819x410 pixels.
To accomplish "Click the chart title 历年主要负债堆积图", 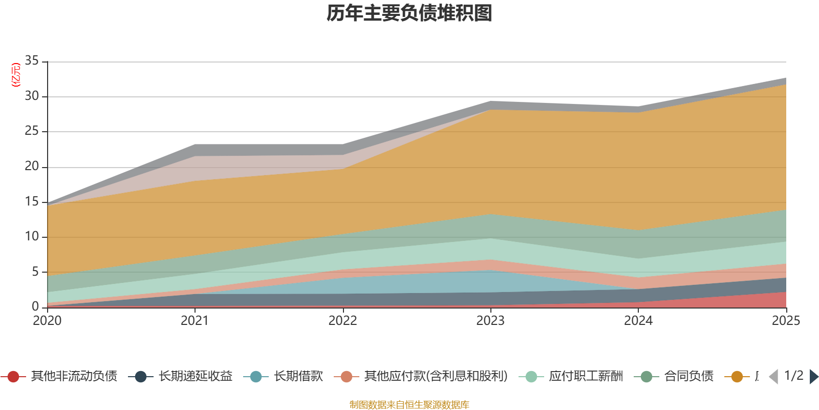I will (x=409, y=13).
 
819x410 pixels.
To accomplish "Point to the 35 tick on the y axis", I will (x=32, y=61).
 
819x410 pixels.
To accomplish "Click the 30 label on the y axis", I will (x=32, y=96).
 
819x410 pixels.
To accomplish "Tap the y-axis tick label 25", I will (x=32, y=131).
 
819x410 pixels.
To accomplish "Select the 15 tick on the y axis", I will (x=32, y=201).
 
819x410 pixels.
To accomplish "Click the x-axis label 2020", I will (x=47, y=321).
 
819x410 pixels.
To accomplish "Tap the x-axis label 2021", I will (x=195, y=321).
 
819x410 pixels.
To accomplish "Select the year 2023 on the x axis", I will (x=490, y=321).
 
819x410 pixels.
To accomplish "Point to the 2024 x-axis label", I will (x=638, y=321).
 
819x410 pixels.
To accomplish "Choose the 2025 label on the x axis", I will (x=785, y=321).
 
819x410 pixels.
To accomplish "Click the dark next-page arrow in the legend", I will (x=814, y=377).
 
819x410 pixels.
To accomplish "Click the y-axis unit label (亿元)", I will (x=16, y=75).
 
